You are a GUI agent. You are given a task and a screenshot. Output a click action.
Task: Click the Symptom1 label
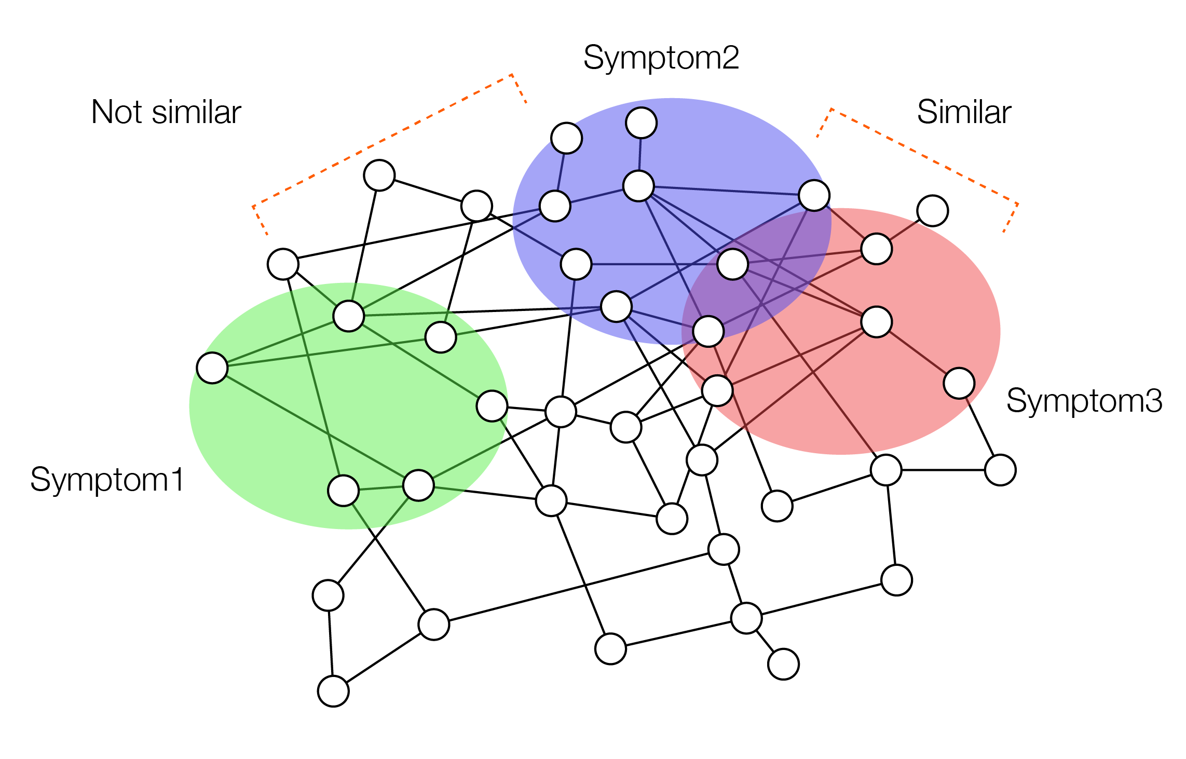(107, 479)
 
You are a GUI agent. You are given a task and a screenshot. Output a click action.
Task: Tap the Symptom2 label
(661, 58)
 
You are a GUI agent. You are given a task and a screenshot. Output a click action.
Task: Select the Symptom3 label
(1084, 401)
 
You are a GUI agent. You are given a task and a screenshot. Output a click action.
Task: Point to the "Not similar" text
(166, 112)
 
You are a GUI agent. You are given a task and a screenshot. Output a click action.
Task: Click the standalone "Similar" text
(964, 112)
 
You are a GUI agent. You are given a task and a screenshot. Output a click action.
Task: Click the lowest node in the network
(333, 691)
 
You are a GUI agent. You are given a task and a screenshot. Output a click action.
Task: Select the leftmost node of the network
(212, 368)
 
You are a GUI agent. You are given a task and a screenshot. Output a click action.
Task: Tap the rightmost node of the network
(1000, 470)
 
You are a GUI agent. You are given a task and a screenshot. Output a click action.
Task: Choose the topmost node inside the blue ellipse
(642, 123)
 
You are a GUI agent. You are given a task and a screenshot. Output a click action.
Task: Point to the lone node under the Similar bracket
(933, 211)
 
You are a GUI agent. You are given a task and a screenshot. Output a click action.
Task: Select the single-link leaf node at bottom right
(783, 664)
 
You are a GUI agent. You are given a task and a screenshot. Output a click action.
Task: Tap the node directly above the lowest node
(328, 595)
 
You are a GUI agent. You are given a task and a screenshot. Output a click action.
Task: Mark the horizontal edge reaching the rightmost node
(943, 470)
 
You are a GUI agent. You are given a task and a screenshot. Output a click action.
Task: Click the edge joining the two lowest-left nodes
(331, 643)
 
